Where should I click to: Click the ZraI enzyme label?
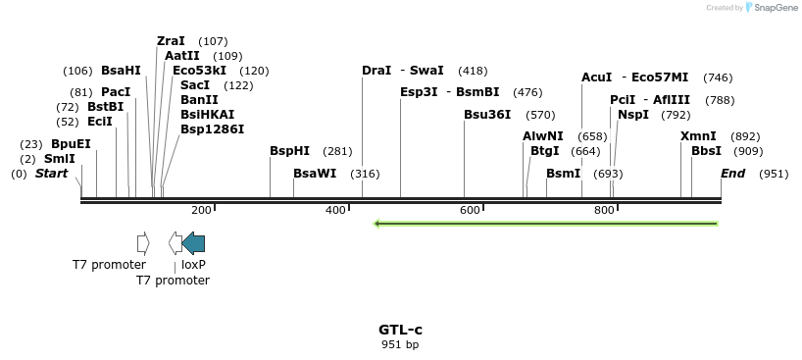[171, 41]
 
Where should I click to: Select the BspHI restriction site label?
[289, 151]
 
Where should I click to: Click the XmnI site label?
[698, 136]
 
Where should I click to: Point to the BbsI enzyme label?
[706, 151]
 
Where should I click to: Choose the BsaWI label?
[314, 174]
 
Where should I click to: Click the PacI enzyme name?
[115, 92]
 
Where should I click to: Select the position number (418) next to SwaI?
[473, 71]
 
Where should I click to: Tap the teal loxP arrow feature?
[194, 243]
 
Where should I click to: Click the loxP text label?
[193, 265]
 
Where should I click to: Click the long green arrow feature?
[546, 224]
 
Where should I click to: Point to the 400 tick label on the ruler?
[336, 210]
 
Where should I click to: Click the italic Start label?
[52, 174]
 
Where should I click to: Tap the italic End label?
[732, 174]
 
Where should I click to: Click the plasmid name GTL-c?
[400, 330]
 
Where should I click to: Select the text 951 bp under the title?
[400, 344]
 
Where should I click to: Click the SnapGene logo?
[770, 8]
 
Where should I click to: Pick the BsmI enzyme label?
[563, 174]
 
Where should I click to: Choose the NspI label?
[633, 115]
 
